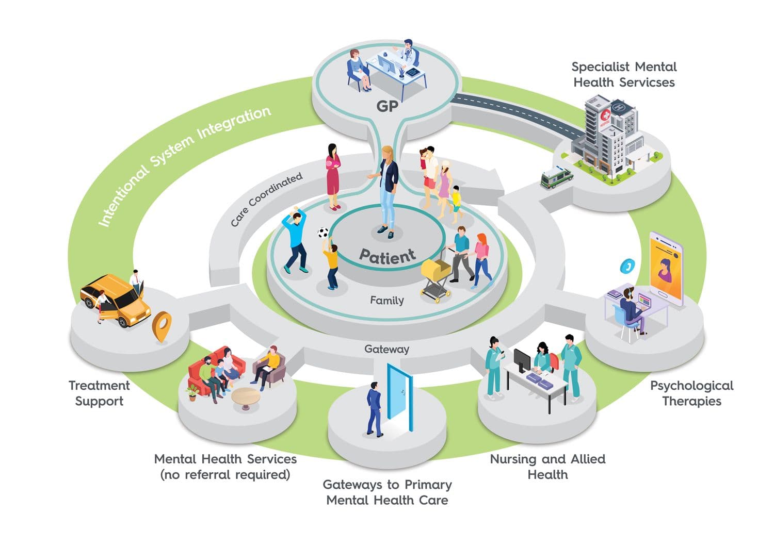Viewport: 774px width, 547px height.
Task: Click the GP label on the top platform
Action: [x=387, y=106]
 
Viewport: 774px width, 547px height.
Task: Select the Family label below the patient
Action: [x=387, y=300]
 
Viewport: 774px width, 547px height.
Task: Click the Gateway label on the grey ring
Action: [x=386, y=349]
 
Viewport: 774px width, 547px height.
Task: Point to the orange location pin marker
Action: [x=162, y=326]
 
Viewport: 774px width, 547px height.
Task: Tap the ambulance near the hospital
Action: [x=556, y=176]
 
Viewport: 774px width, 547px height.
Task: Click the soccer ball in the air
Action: [x=323, y=233]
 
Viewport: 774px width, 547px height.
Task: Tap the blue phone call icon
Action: [x=627, y=266]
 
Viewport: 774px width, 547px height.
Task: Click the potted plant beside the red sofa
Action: [x=192, y=392]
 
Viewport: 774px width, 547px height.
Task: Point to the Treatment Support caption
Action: [x=99, y=393]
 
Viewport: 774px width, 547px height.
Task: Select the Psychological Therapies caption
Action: [x=691, y=393]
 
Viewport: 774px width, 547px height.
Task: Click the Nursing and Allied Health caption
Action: [x=547, y=467]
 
